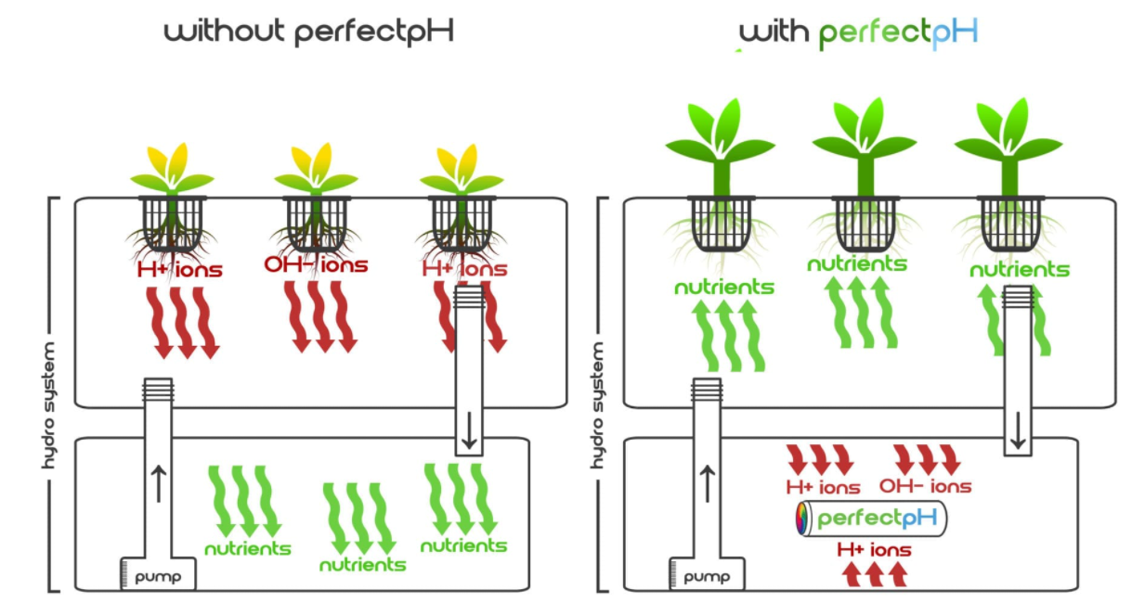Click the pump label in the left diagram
click(x=158, y=577)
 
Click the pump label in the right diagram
click(x=706, y=577)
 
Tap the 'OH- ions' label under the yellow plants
click(x=316, y=265)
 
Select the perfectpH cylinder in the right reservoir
click(x=871, y=519)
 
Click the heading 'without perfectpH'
click(x=309, y=32)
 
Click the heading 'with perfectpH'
click(x=859, y=32)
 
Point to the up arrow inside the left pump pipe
click(x=158, y=482)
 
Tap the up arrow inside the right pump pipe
click(x=708, y=482)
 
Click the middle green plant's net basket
click(x=864, y=224)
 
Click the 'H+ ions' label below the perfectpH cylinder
click(x=874, y=550)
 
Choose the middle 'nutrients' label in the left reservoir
click(x=362, y=564)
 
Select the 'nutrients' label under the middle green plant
click(x=856, y=263)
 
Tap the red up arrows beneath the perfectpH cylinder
click(x=874, y=575)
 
